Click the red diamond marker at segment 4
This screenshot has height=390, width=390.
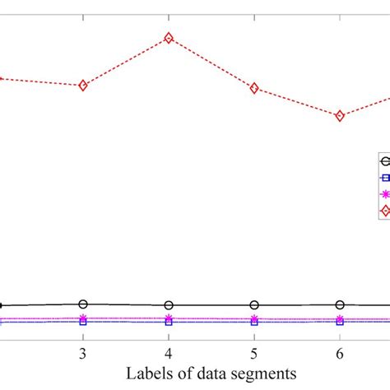(x=169, y=38)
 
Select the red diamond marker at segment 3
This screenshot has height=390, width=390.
(x=83, y=86)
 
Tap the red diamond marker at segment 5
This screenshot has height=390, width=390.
(x=254, y=88)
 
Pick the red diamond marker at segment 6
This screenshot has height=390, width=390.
(x=340, y=116)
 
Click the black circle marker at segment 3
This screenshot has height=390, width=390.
(x=83, y=304)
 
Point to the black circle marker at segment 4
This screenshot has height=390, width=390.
(x=169, y=305)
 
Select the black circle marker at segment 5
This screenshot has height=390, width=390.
(x=254, y=305)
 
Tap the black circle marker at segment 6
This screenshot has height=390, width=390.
(x=340, y=304)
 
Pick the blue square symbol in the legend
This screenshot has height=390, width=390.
(x=384, y=177)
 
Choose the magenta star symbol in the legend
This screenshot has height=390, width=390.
(x=384, y=194)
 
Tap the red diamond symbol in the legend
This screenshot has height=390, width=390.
(x=384, y=211)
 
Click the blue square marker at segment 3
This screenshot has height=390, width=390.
(x=83, y=322)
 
